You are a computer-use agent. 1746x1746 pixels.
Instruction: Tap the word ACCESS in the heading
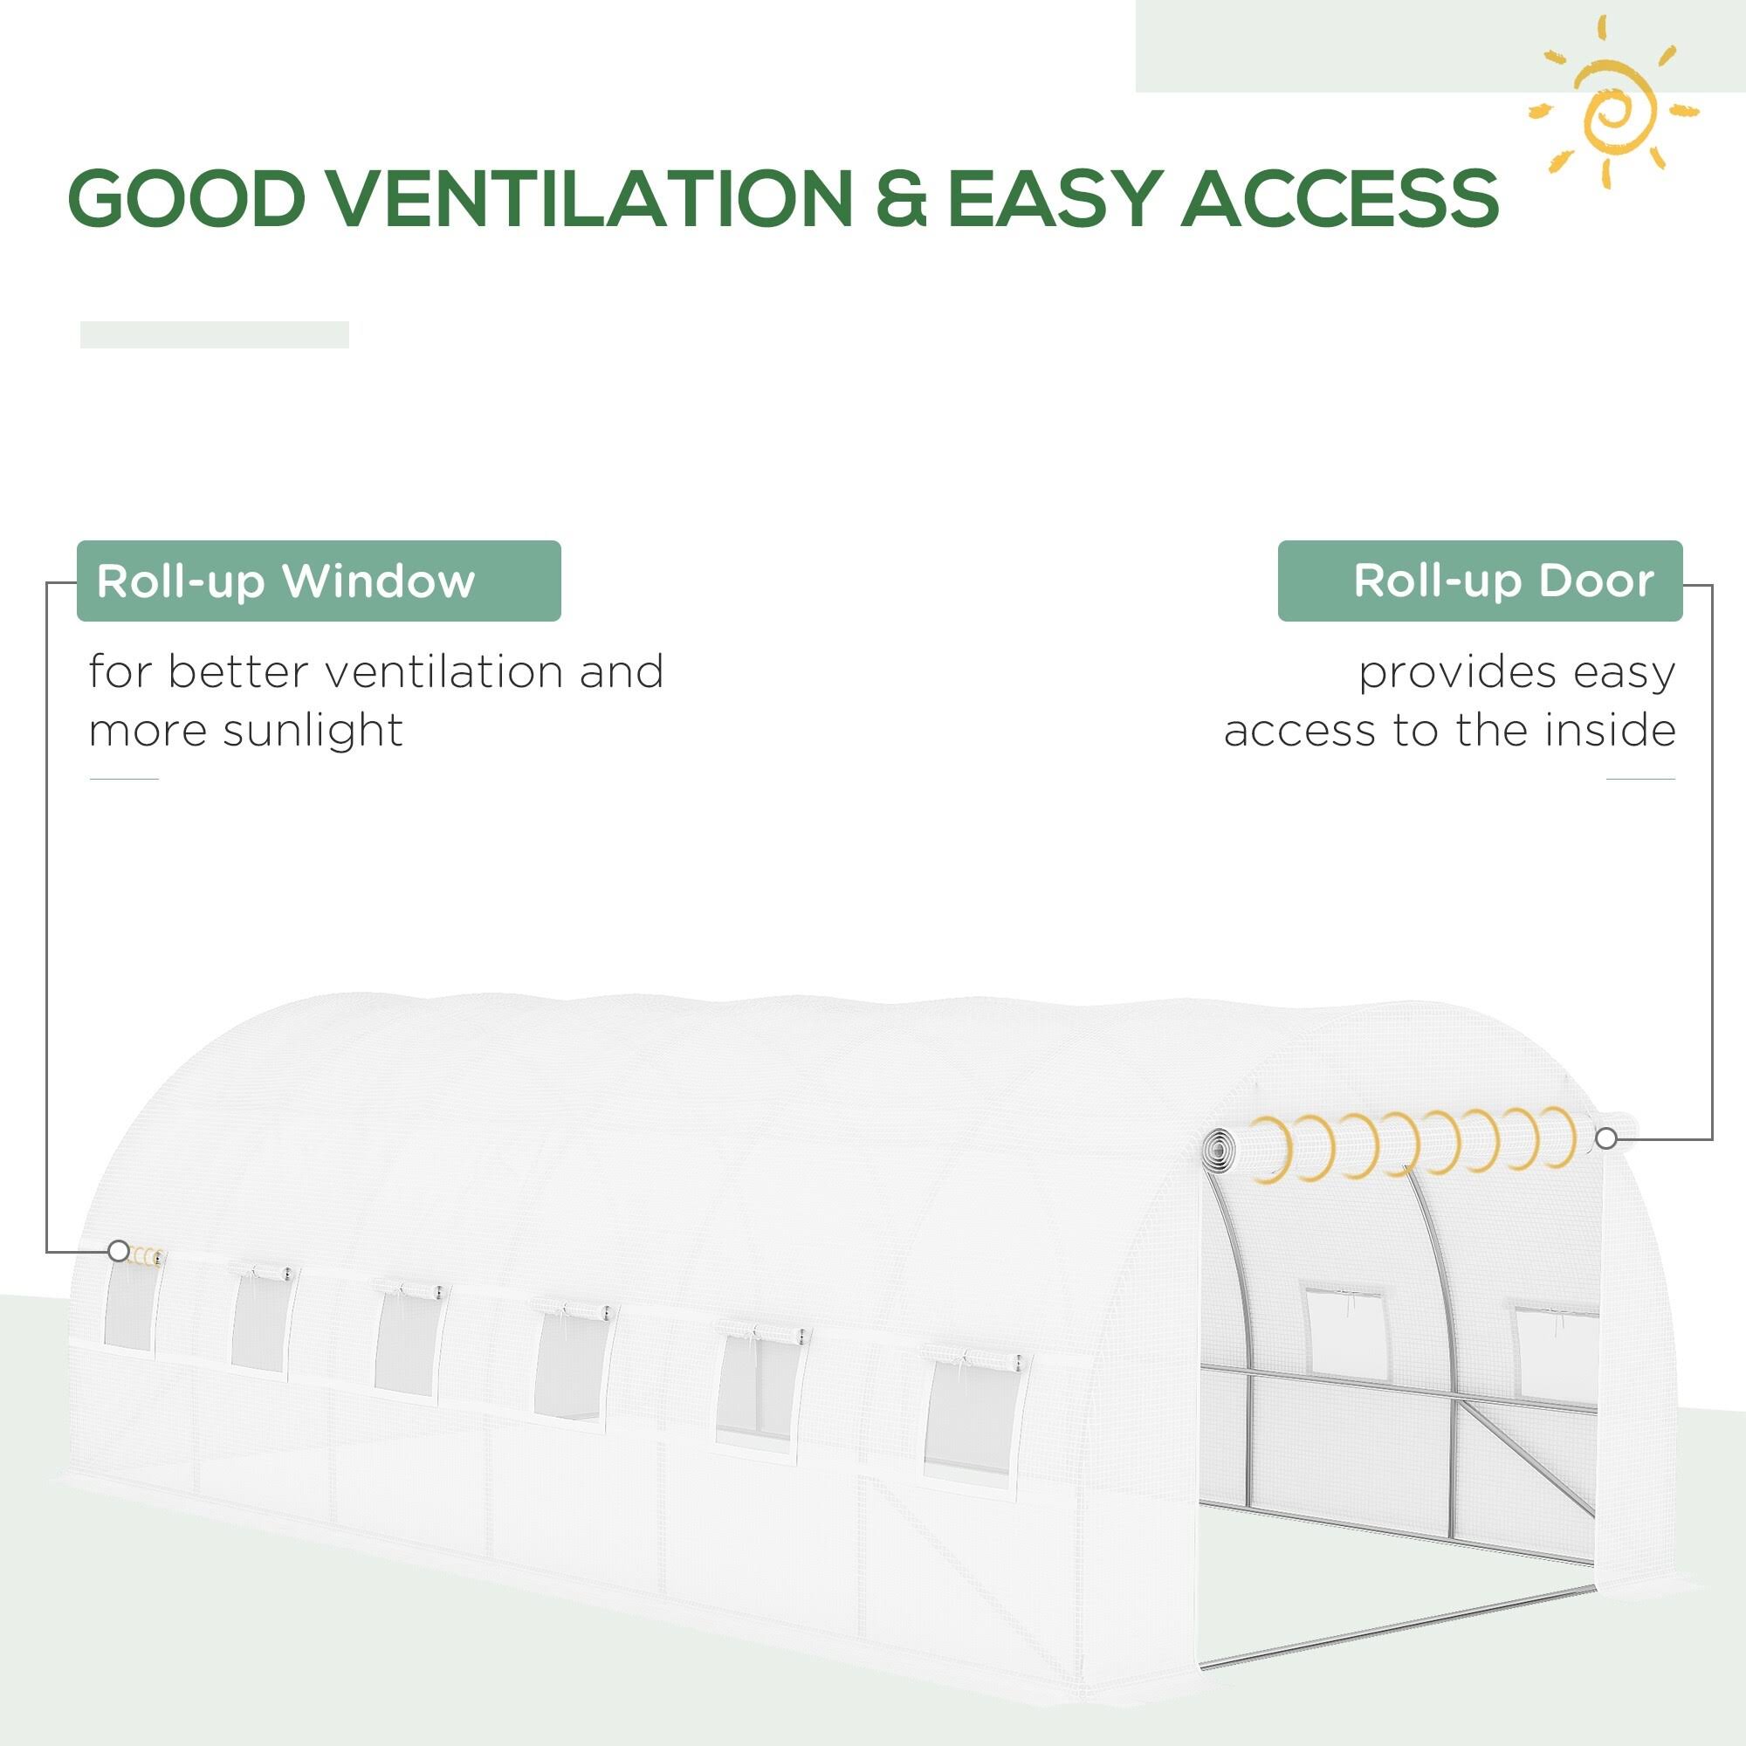click(x=1340, y=197)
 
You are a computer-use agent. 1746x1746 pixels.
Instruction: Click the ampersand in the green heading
click(x=901, y=197)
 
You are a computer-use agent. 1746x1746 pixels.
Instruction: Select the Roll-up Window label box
click(x=319, y=581)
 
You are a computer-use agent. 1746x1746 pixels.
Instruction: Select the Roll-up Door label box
click(x=1481, y=581)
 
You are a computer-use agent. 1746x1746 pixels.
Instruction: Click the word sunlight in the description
click(x=313, y=731)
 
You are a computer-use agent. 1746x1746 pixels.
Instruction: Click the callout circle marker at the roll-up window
click(x=119, y=1252)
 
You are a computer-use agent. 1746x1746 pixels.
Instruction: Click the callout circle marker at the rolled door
click(x=1606, y=1139)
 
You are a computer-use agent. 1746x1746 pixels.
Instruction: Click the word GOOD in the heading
click(x=185, y=197)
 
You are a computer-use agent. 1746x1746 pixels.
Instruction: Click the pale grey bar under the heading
click(x=215, y=334)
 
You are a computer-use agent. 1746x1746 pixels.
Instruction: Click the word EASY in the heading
click(x=1054, y=197)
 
